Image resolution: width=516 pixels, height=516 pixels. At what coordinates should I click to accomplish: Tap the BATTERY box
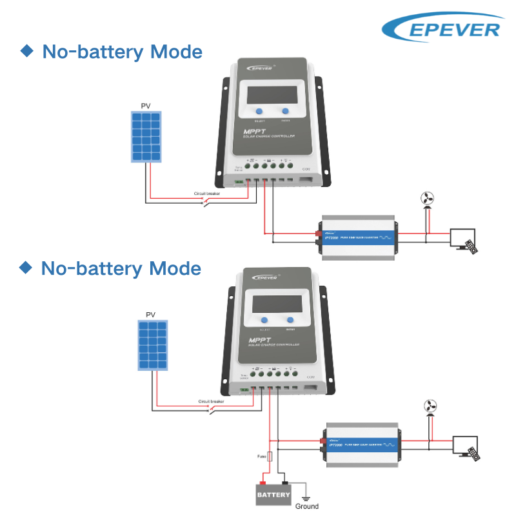click(274, 495)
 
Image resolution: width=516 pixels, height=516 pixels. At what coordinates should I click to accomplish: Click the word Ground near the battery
click(307, 506)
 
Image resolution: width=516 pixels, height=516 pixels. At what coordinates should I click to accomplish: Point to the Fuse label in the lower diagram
click(261, 456)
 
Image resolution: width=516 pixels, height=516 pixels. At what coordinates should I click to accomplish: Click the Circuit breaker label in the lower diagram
click(212, 401)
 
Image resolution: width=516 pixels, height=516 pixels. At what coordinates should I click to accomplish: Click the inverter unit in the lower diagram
click(362, 444)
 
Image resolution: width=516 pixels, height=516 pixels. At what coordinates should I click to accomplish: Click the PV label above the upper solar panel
click(146, 106)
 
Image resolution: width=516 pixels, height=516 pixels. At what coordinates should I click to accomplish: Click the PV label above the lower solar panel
click(150, 315)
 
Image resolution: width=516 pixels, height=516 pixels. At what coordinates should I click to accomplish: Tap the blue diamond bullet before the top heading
click(27, 51)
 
